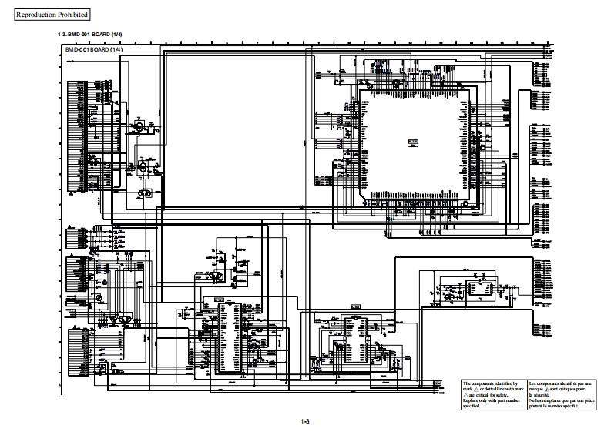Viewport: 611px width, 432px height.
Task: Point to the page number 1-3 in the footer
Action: (305, 421)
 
